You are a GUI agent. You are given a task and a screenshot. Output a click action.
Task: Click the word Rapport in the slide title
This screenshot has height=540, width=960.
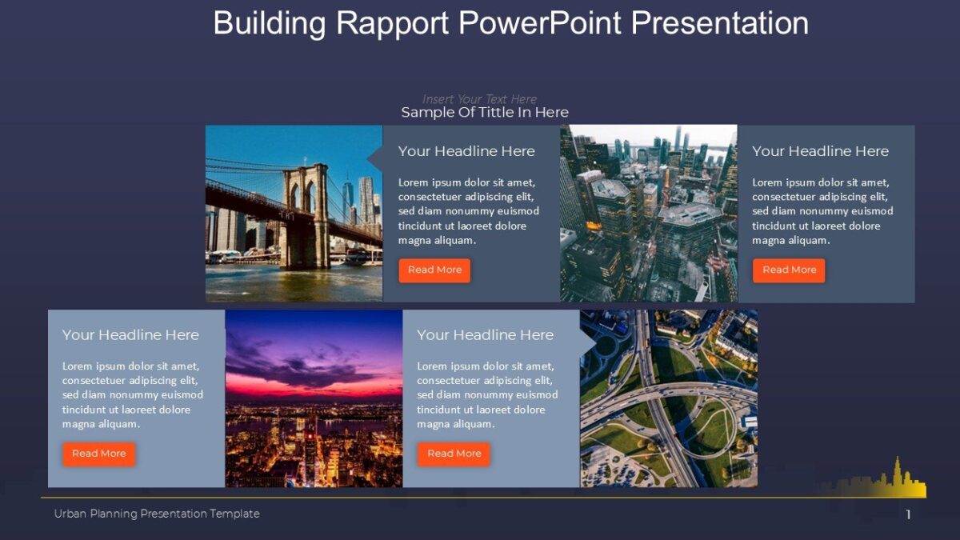[x=393, y=23]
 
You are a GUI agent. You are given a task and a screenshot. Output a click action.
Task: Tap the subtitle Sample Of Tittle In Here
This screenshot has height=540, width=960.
[x=484, y=113]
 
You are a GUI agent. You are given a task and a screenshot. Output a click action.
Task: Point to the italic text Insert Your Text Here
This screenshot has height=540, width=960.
[x=479, y=99]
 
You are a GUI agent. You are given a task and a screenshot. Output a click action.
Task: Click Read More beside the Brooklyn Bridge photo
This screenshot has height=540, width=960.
[x=434, y=270]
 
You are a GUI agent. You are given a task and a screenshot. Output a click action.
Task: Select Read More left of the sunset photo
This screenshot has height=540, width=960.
[x=99, y=454]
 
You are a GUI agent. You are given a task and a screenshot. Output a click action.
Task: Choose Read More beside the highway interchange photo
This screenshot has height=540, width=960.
[x=454, y=454]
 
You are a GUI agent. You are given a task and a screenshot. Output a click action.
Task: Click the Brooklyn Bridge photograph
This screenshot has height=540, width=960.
[x=294, y=214]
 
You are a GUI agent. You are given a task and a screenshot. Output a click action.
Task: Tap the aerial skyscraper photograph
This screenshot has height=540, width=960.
[x=648, y=214]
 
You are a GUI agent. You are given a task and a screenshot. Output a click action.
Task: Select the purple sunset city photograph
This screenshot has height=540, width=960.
[x=314, y=398]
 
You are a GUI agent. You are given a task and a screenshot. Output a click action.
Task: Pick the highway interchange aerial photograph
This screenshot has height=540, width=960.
[x=668, y=398]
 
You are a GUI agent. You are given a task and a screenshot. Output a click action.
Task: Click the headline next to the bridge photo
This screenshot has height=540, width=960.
[x=466, y=151]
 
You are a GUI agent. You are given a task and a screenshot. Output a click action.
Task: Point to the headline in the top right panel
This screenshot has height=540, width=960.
[x=820, y=151]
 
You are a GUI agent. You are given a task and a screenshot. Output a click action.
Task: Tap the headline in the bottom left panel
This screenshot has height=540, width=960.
[x=130, y=335]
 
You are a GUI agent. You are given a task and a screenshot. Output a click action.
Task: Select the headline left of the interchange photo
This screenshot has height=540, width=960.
[x=485, y=335]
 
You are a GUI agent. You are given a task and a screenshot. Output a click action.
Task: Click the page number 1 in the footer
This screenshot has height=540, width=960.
[x=908, y=515]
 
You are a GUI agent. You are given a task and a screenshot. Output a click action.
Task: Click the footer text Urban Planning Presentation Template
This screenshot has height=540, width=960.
[x=157, y=514]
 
